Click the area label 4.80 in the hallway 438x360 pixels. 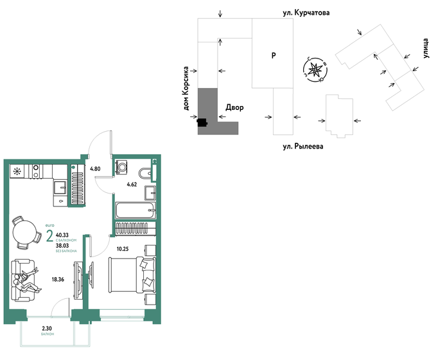coord(95,168)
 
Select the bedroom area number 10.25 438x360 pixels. coord(122,248)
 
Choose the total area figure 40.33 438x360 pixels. coord(64,235)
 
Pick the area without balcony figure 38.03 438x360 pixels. coord(64,245)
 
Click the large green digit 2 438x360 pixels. coord(49,236)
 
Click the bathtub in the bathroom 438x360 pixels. coord(135,210)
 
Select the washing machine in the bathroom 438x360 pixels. coord(123,167)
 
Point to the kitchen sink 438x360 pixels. coord(60,187)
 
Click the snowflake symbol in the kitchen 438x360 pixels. coord(17,171)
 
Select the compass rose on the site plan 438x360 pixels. coord(315,69)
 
